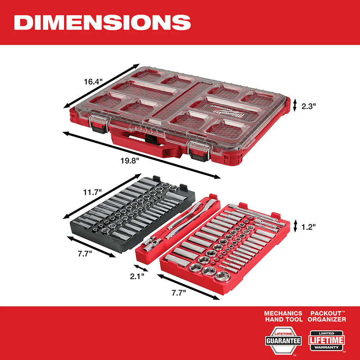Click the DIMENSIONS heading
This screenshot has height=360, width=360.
click(102, 22)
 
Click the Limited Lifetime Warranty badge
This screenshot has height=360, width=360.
click(327, 340)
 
